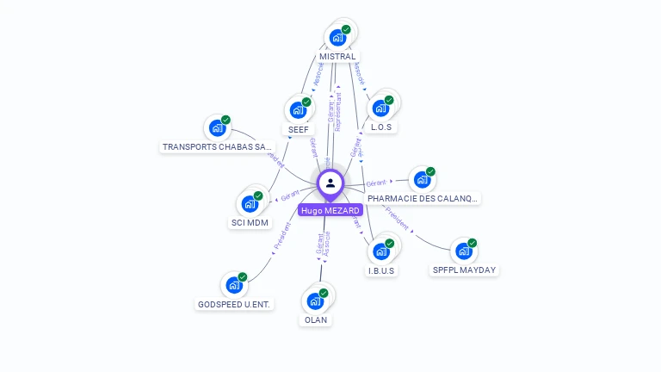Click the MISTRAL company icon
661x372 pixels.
point(337,38)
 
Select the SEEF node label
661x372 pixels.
point(299,129)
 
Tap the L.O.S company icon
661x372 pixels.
point(380,109)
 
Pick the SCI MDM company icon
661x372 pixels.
point(250,204)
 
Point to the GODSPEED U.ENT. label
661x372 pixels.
point(234,304)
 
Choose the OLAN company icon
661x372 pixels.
point(315,301)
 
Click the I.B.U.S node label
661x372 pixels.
point(381,270)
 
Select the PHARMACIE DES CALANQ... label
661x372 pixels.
point(423,199)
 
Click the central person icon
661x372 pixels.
point(330,183)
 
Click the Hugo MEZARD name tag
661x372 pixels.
point(330,210)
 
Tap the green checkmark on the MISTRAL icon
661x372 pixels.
point(346,29)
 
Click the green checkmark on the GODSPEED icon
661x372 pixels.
point(243,276)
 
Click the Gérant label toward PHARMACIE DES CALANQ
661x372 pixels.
point(376,183)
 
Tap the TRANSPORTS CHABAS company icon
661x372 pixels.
point(217,128)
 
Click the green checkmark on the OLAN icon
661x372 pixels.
point(324,293)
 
